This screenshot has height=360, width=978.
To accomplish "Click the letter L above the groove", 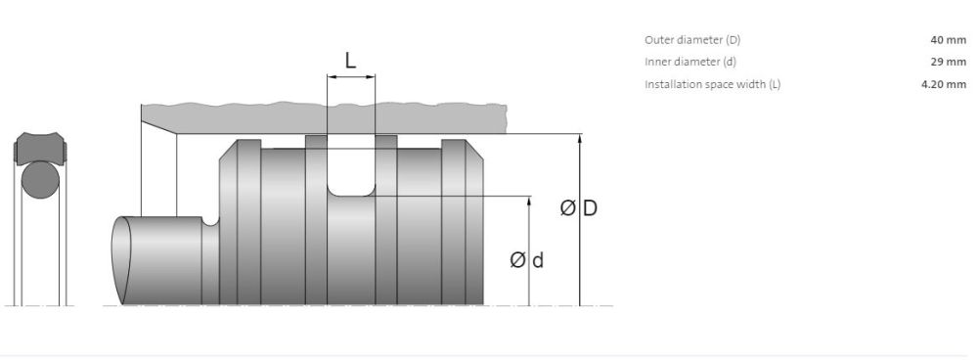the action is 350,61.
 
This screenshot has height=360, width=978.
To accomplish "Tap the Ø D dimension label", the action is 579,207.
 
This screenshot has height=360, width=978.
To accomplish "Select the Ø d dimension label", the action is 526,259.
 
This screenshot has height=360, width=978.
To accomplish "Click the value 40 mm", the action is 948,40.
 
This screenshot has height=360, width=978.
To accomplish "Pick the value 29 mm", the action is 948,62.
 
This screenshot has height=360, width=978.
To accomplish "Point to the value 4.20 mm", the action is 944,84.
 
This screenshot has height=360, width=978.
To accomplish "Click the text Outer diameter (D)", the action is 692,40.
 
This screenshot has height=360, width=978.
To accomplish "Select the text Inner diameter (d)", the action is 690,62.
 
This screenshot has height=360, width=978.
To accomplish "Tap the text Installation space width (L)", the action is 712,84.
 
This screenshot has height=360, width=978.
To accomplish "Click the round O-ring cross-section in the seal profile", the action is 40,180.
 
